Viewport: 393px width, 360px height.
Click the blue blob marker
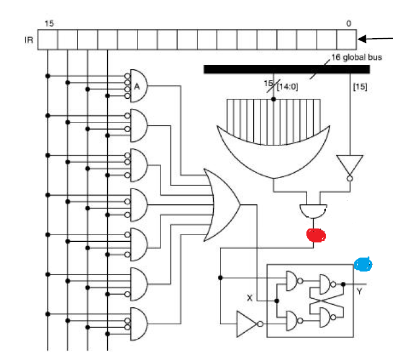coord(363,264)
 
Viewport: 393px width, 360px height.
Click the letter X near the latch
coord(249,298)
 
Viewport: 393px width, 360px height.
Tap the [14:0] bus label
coord(288,87)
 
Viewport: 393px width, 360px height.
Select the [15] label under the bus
coord(359,87)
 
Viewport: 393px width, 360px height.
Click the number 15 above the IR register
coord(48,24)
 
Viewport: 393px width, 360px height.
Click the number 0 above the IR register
coord(348,24)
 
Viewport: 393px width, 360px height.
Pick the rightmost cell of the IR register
coord(346,40)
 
